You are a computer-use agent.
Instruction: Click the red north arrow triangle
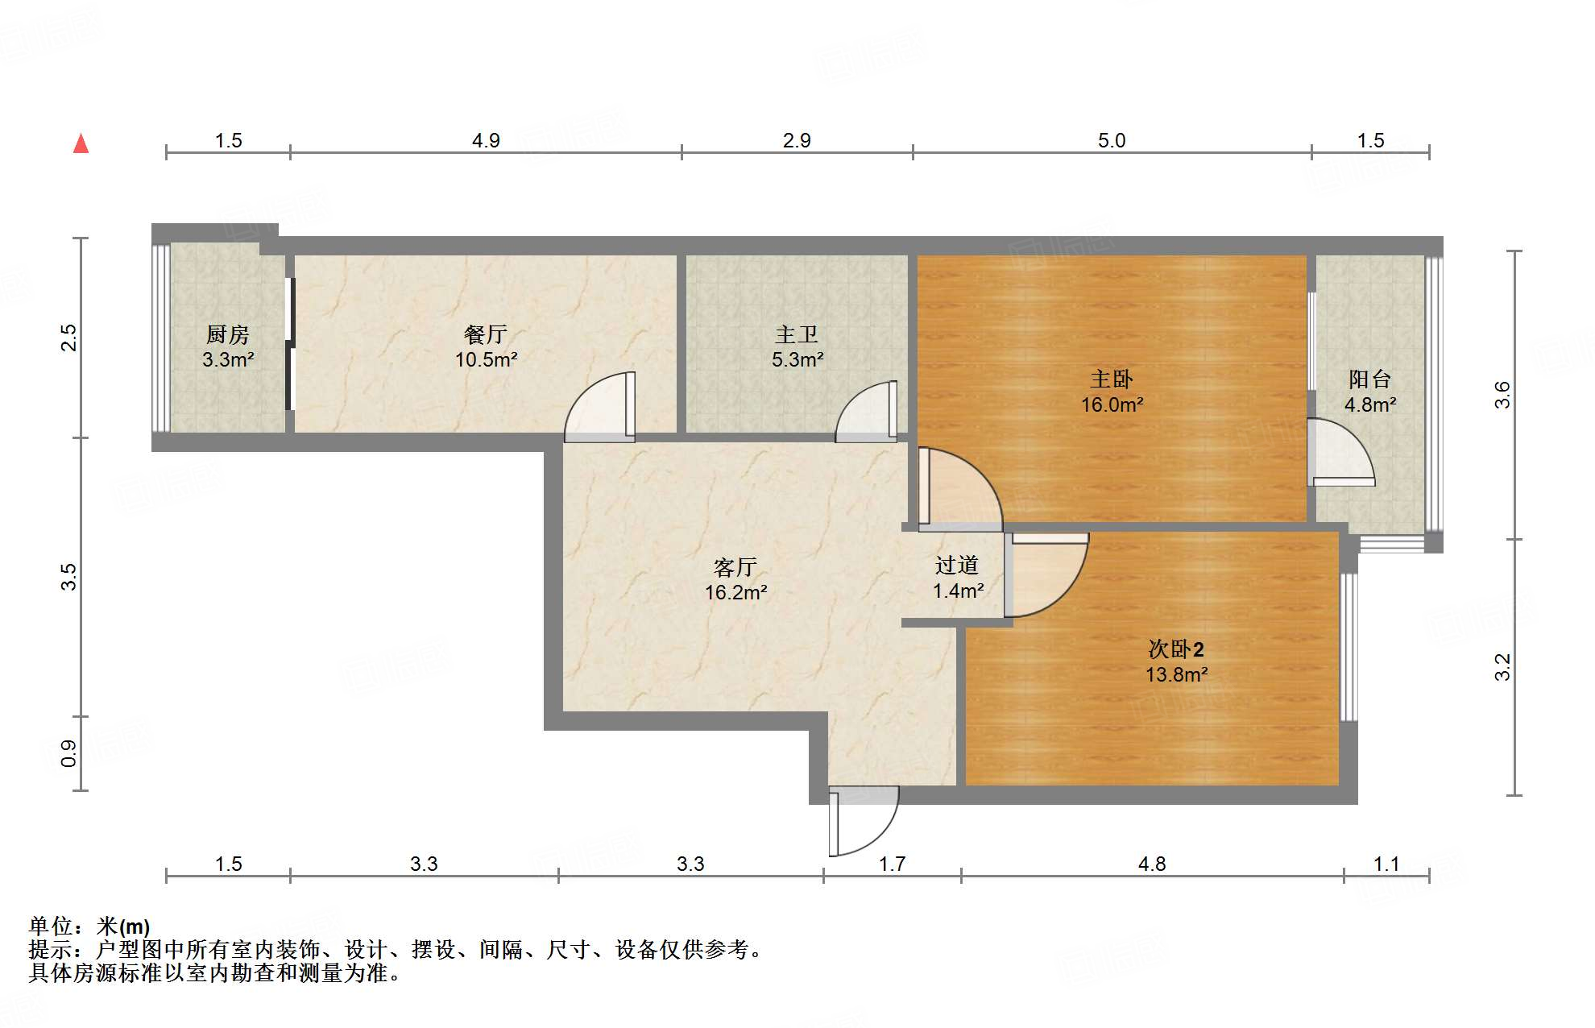81,144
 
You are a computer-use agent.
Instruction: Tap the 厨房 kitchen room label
228,334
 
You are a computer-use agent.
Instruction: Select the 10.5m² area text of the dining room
486,360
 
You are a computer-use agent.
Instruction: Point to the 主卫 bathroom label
797,334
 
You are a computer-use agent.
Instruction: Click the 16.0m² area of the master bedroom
1112,404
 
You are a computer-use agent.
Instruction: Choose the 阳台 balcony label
1369,379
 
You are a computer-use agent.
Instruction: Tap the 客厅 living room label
735,567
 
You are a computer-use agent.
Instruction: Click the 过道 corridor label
957,566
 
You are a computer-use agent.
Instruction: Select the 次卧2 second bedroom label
1176,649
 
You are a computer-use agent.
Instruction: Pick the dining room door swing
599,408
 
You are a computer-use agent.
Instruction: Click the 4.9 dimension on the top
486,141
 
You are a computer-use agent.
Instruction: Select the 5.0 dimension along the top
1112,141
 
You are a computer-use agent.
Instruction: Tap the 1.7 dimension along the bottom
892,864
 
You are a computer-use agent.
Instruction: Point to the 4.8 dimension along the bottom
1152,864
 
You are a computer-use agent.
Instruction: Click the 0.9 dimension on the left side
69,753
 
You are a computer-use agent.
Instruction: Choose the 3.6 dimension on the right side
1502,395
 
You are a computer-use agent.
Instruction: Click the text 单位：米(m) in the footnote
89,927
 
